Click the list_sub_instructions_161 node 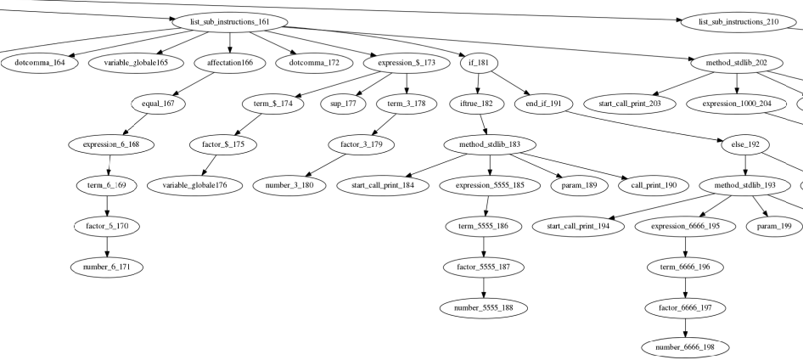pos(229,21)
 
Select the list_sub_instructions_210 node pos(738,21)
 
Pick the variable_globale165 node pos(136,62)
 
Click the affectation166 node pos(229,62)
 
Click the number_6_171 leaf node pos(107,267)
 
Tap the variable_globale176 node pos(194,184)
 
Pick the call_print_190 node pos(654,184)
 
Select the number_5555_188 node pos(483,307)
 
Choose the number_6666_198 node pos(685,347)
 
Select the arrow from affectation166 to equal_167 pos(199,82)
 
